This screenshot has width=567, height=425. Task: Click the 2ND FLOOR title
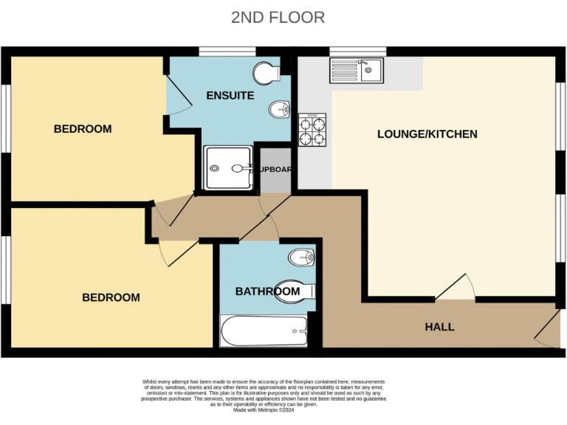tap(278, 17)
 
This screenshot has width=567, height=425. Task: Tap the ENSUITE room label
tap(230, 95)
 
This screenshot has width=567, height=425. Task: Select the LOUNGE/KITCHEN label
tap(427, 134)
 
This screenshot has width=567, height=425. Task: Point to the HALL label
tap(439, 326)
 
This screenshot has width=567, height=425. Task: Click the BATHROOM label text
tap(267, 291)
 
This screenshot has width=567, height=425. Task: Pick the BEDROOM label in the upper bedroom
tap(83, 129)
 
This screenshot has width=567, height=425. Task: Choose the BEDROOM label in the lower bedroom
tap(111, 297)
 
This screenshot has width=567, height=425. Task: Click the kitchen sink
tap(357, 71)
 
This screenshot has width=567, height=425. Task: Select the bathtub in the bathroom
tap(264, 331)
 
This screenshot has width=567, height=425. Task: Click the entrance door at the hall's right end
tap(548, 329)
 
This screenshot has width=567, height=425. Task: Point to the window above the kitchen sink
tap(357, 51)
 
